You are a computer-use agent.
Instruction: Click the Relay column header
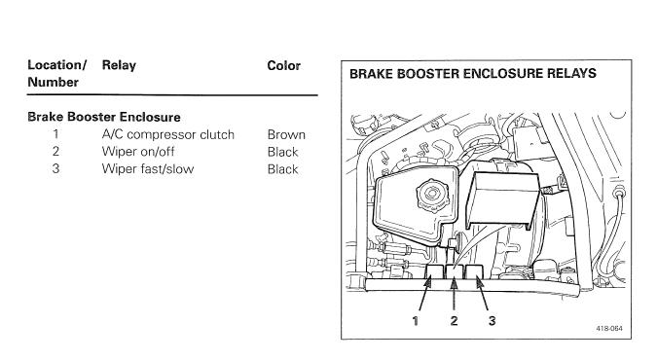click(119, 66)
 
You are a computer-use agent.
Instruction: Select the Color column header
click(283, 65)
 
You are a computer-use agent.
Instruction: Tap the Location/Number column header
click(57, 73)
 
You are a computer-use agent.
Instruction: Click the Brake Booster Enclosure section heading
click(104, 117)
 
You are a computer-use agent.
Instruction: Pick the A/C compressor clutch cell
click(168, 134)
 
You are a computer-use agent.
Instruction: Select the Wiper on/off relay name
click(138, 151)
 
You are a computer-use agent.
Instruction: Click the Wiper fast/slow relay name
click(148, 169)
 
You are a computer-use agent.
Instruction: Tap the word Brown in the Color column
click(286, 134)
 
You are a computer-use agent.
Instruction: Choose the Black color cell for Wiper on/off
click(283, 152)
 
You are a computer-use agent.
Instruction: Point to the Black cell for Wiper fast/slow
click(283, 169)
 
